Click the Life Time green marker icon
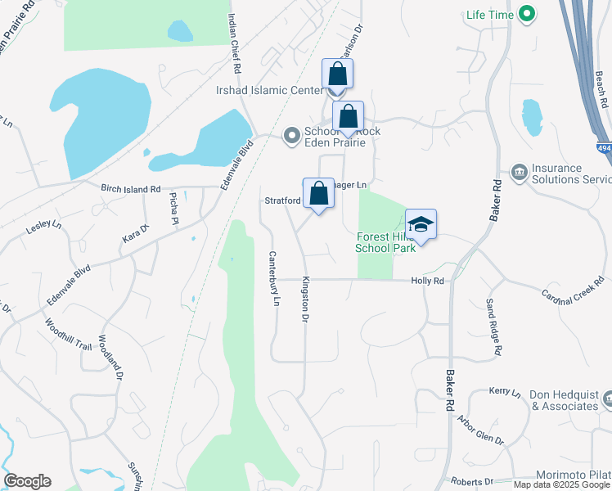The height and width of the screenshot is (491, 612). pyautogui.click(x=528, y=14)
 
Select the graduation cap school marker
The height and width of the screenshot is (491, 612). pyautogui.click(x=421, y=225)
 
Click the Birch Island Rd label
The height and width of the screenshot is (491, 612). pyautogui.click(x=130, y=189)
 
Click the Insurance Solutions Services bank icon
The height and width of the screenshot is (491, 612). pyautogui.click(x=518, y=172)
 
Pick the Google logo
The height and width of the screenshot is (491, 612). pyautogui.click(x=27, y=481)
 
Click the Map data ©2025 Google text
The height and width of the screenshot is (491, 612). pyautogui.click(x=562, y=484)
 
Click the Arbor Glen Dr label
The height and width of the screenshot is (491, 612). pyautogui.click(x=481, y=430)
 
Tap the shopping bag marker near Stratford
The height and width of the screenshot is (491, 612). pyautogui.click(x=318, y=195)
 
